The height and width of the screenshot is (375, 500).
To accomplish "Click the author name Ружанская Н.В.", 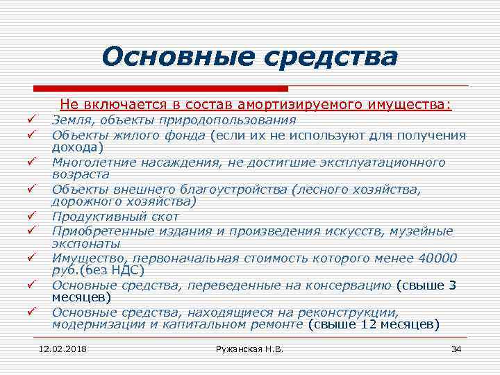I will point(250,348).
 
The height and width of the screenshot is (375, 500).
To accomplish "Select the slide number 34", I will point(456,348).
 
